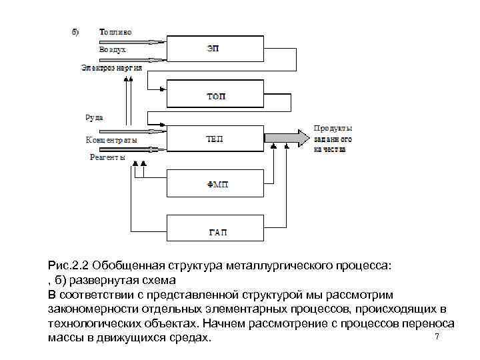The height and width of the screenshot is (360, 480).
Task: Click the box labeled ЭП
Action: pyautogui.click(x=213, y=48)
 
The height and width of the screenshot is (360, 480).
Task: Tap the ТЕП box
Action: pyautogui.click(x=214, y=139)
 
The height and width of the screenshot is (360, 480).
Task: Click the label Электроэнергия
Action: pyautogui.click(x=111, y=67)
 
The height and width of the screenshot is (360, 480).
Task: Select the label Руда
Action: pyautogui.click(x=93, y=117)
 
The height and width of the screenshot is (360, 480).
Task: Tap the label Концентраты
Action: pyautogui.click(x=111, y=140)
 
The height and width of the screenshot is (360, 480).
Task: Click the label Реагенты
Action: pyautogui.click(x=107, y=157)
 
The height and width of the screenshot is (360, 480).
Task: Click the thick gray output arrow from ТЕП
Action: pyautogui.click(x=287, y=139)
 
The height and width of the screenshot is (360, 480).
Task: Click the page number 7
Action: pyautogui.click(x=437, y=337)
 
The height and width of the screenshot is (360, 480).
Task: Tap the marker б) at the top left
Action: pyautogui.click(x=75, y=31)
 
